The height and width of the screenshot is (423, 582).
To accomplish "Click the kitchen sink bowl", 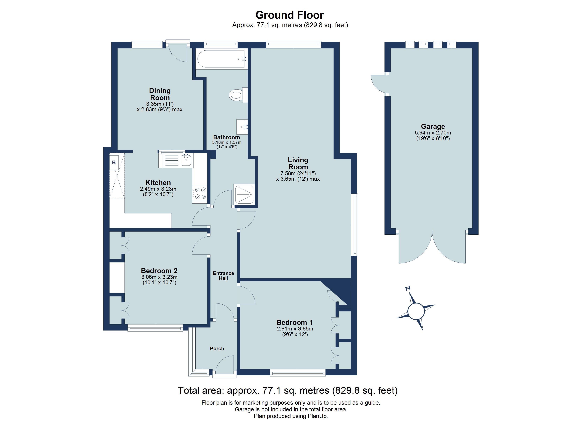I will pyautogui.click(x=186, y=160).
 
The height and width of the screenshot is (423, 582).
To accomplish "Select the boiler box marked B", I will pyautogui.click(x=114, y=162).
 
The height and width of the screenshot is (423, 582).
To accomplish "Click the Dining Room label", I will pyautogui.click(x=160, y=94).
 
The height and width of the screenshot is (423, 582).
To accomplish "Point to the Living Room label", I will pyautogui.click(x=298, y=163).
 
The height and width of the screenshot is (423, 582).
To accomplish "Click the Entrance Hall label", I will pyautogui.click(x=223, y=276).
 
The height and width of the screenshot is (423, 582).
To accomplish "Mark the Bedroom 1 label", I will pyautogui.click(x=294, y=322).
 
